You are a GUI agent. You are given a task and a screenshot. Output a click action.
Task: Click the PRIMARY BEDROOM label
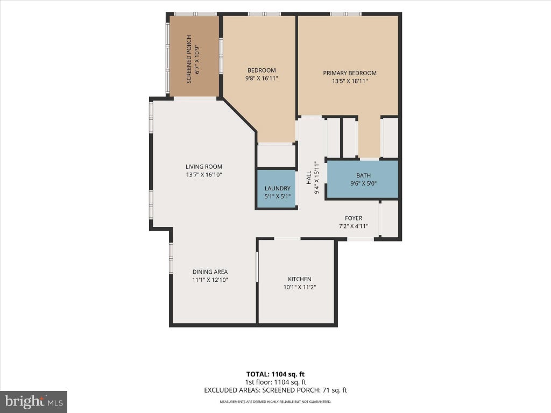[x=350, y=73]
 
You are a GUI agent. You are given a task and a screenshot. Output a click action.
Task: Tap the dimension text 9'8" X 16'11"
[x=262, y=79]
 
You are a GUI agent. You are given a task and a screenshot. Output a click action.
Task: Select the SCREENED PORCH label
[x=189, y=59]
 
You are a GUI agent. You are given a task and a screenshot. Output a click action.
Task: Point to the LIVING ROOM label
[x=204, y=167]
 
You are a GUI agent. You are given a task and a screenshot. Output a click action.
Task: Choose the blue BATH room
[x=363, y=180]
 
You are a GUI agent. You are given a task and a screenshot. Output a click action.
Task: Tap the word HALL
[x=308, y=177]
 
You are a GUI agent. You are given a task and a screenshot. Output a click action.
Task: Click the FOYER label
[x=354, y=218]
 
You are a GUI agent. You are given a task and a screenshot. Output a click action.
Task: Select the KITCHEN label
[x=300, y=279]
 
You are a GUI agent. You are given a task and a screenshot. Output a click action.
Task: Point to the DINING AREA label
[x=210, y=272]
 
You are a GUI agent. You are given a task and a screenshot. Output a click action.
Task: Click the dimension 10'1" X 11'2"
[x=300, y=287]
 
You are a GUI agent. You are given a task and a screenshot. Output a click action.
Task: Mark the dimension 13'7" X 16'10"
[x=204, y=175]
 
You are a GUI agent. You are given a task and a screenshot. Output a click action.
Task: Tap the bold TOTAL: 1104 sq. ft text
[x=275, y=374]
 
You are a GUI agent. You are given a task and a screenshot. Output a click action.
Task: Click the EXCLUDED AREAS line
[x=275, y=390]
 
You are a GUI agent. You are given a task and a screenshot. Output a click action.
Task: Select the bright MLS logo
[x=33, y=402]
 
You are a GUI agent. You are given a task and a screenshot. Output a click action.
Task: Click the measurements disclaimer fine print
[x=275, y=401]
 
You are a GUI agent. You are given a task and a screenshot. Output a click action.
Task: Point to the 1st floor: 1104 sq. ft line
[x=275, y=382]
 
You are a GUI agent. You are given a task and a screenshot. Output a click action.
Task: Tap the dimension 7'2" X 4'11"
[x=354, y=226]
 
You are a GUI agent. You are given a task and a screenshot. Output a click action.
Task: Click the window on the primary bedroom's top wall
[x=346, y=14]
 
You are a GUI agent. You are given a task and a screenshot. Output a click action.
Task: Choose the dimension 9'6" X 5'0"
[x=363, y=183]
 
